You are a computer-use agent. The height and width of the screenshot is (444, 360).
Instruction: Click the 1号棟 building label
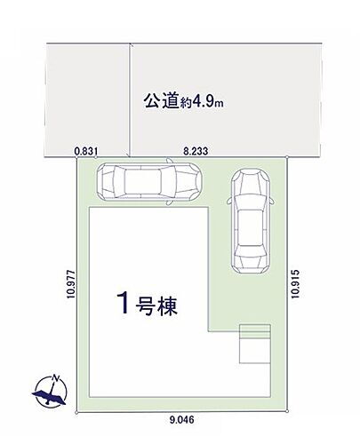(146, 306)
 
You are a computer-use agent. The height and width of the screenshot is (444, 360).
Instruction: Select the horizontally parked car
(149, 183)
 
